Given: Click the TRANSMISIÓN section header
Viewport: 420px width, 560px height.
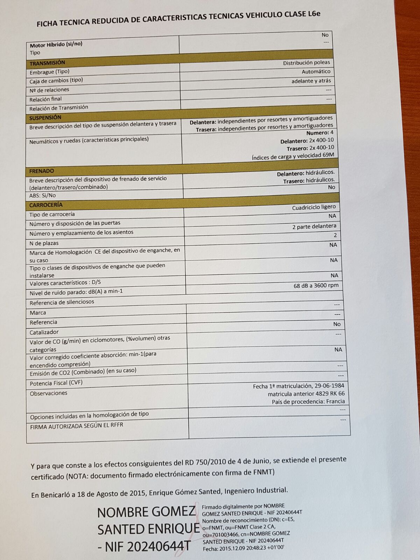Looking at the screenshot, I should pyautogui.click(x=47, y=63).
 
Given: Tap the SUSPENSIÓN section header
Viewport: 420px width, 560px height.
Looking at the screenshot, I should pyautogui.click(x=45, y=118).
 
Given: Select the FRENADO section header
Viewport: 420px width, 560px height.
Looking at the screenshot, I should pyautogui.click(x=42, y=171).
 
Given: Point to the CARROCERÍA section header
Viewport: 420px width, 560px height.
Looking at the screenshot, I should pyautogui.click(x=46, y=205).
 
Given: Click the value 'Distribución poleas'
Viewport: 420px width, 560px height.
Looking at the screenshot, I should pyautogui.click(x=306, y=63).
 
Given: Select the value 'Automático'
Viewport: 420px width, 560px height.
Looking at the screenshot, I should pyautogui.click(x=316, y=71).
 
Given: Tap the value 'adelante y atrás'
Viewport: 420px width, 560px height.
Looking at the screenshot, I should pyautogui.click(x=311, y=81).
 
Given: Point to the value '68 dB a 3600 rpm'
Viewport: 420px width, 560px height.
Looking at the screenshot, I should pyautogui.click(x=316, y=286).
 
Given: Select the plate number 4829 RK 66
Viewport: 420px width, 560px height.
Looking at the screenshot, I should pyautogui.click(x=330, y=394).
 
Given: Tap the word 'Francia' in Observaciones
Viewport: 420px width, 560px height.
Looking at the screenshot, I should pyautogui.click(x=335, y=401).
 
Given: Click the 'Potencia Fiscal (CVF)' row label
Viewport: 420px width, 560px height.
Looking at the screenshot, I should pyautogui.click(x=56, y=383).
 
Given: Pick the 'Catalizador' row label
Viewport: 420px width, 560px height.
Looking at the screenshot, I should pyautogui.click(x=44, y=332).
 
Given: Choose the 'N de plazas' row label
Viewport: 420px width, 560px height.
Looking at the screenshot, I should pyautogui.click(x=44, y=243).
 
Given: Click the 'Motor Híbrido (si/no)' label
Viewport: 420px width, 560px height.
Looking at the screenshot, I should pyautogui.click(x=56, y=45).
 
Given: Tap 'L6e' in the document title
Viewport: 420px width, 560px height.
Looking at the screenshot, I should pyautogui.click(x=314, y=14).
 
